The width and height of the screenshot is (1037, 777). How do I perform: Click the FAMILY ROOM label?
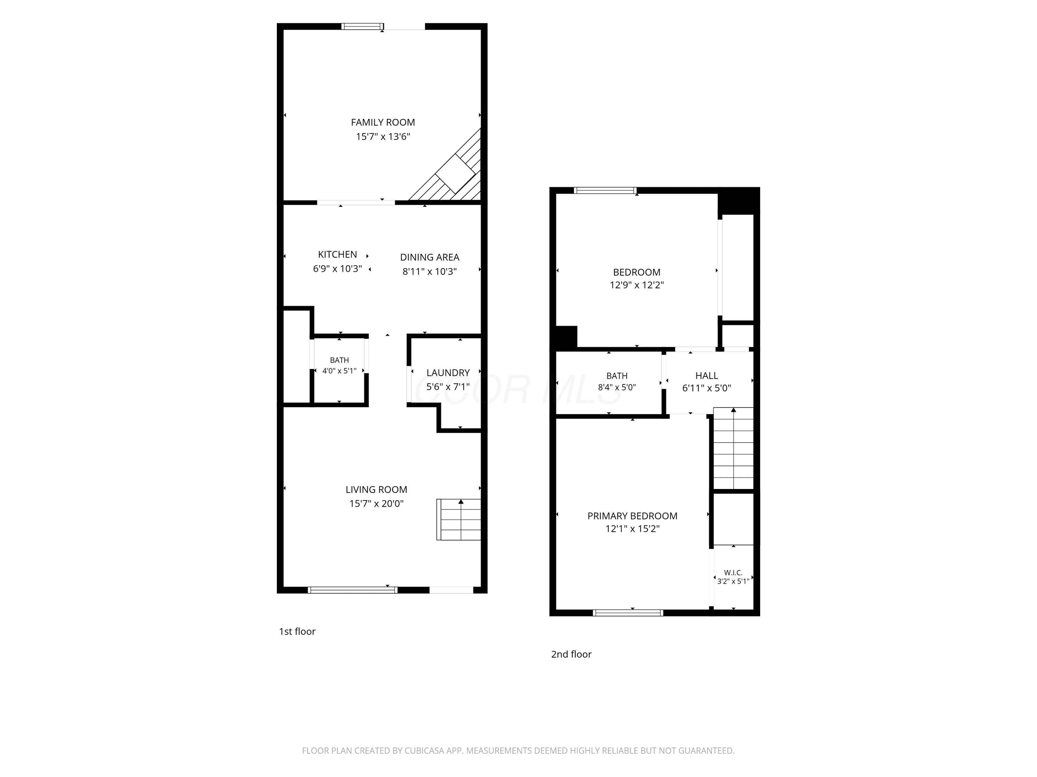383,122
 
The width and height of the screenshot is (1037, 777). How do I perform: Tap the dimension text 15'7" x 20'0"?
376,503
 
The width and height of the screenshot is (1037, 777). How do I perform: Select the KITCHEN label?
337,254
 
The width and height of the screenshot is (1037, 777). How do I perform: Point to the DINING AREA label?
429,257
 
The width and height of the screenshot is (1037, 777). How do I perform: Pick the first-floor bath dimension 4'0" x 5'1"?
339,371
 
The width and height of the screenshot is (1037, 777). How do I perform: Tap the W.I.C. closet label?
733,572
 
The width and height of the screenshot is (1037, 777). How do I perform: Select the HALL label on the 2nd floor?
707,376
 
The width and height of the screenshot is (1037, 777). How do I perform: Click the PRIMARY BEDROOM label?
633,516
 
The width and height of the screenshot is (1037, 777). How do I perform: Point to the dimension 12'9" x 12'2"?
637,285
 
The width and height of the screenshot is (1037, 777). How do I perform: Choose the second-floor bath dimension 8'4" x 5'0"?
617,387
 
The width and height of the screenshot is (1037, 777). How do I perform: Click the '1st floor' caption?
297,631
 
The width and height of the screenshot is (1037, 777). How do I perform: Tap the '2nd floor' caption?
571,654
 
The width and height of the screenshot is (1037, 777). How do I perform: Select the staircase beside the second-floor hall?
733,448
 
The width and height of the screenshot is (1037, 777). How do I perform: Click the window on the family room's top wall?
362,27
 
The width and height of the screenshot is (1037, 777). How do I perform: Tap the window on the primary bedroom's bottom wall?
628,613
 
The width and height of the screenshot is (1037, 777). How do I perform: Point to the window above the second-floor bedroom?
605,190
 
